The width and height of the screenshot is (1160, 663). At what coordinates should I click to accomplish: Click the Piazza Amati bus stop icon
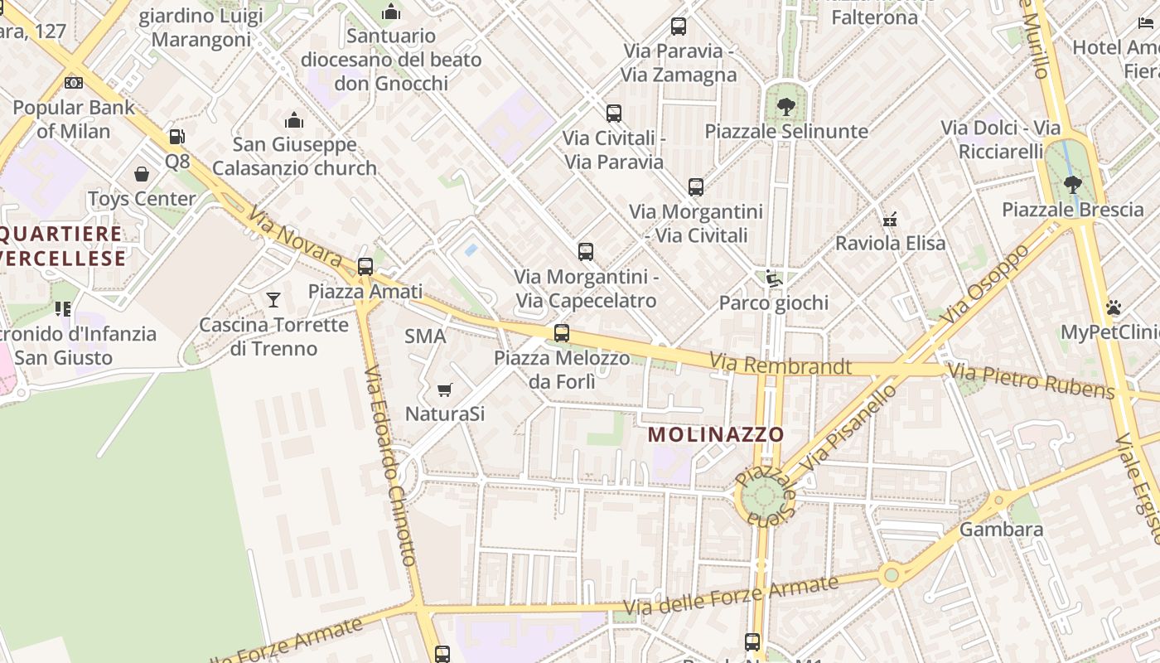[x=365, y=267]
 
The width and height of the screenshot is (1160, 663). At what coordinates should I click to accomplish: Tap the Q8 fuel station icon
[x=176, y=137]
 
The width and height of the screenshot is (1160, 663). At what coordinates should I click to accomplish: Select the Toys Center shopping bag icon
[x=142, y=174]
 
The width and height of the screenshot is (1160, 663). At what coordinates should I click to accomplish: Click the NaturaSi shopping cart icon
[x=445, y=390]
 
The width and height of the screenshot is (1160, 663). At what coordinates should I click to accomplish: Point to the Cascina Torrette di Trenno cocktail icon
[x=273, y=299]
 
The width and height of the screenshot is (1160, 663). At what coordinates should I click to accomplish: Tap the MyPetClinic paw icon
[x=1114, y=307]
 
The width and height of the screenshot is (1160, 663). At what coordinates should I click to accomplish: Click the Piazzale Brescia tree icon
[x=1072, y=185]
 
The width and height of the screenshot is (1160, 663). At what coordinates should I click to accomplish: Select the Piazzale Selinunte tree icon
[x=785, y=107]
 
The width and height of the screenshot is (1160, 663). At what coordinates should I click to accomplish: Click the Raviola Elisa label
[x=890, y=244]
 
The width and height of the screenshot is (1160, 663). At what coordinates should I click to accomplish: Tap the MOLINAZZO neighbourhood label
[x=716, y=434]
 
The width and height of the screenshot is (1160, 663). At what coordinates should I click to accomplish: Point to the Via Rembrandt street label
[x=781, y=365]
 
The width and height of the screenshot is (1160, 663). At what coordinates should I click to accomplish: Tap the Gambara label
[x=1001, y=530]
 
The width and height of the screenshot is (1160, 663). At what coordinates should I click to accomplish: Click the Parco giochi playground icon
[x=773, y=278]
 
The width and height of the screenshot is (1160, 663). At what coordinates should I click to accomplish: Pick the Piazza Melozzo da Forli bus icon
[x=562, y=333]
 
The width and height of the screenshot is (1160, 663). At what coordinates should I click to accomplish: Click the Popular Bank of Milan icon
[x=74, y=83]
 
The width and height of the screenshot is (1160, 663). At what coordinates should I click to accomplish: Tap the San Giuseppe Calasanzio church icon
[x=294, y=121]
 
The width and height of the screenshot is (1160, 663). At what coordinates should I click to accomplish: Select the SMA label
[x=425, y=336]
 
